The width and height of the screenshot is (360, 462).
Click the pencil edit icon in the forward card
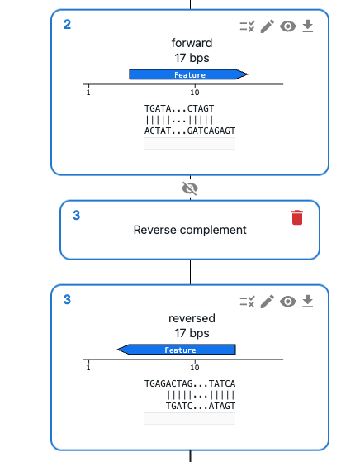(x=268, y=26)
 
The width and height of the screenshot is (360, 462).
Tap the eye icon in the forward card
(x=288, y=26)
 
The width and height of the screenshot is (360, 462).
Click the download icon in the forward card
(x=308, y=26)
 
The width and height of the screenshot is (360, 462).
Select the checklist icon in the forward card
(x=247, y=26)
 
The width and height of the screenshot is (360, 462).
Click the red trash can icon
(x=297, y=217)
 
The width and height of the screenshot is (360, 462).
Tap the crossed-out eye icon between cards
(x=190, y=188)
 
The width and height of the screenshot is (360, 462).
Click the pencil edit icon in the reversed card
(x=268, y=302)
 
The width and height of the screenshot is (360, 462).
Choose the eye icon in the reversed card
(x=288, y=302)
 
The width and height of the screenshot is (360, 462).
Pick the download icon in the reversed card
(x=308, y=302)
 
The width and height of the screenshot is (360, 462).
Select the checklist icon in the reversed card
(x=247, y=302)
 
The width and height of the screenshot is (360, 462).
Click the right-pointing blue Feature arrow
(x=189, y=74)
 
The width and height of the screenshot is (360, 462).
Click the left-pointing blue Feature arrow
(x=177, y=350)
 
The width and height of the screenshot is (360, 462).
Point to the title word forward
(x=192, y=43)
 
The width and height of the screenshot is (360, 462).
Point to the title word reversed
(x=192, y=318)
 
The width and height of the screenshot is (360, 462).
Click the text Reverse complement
(x=190, y=230)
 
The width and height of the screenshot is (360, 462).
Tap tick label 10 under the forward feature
(x=195, y=93)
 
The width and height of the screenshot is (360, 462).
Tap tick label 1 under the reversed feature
(x=88, y=368)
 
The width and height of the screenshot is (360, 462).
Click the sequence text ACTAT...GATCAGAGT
(x=190, y=131)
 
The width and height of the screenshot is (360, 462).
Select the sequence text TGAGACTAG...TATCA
(x=190, y=384)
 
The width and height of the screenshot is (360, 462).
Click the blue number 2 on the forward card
(x=67, y=25)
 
